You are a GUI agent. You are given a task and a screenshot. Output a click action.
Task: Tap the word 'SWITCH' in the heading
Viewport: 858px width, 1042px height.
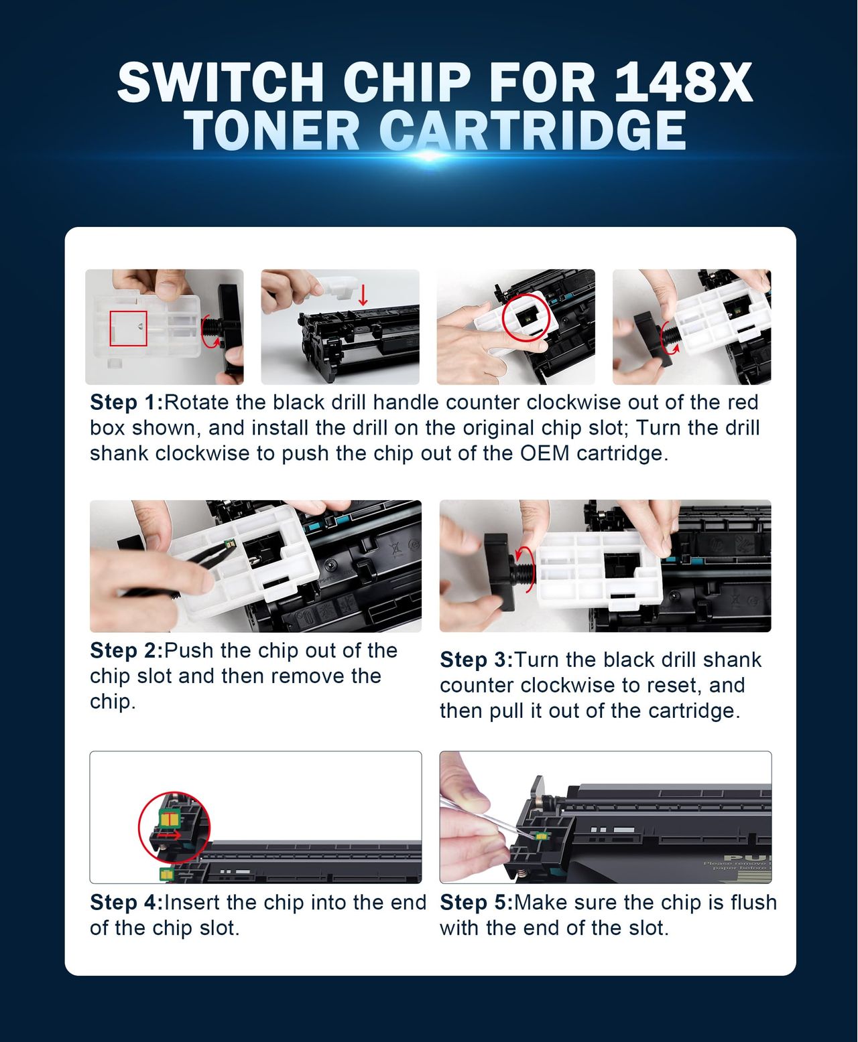pyautogui.click(x=221, y=82)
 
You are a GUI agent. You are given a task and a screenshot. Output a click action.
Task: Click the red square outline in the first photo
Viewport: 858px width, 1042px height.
pyautogui.click(x=128, y=328)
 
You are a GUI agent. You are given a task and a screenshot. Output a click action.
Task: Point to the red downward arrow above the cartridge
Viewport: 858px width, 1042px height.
pyautogui.click(x=363, y=295)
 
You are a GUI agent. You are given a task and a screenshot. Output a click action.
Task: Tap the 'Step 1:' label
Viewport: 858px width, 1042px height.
pyautogui.click(x=127, y=402)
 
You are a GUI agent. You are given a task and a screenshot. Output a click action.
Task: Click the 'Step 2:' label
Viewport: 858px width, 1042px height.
pyautogui.click(x=127, y=651)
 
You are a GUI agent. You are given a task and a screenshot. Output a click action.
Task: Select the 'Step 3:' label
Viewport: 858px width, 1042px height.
pyautogui.click(x=477, y=660)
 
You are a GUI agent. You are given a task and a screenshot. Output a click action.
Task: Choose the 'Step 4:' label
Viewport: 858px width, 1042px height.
pyautogui.click(x=127, y=903)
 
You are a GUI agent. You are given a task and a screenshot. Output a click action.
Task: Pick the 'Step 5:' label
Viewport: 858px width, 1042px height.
pyautogui.click(x=477, y=903)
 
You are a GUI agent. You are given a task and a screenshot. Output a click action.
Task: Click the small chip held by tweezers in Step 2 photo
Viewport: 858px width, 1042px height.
pyautogui.click(x=230, y=544)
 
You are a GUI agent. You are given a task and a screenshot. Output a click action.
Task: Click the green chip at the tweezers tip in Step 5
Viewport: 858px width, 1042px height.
pyautogui.click(x=542, y=836)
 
